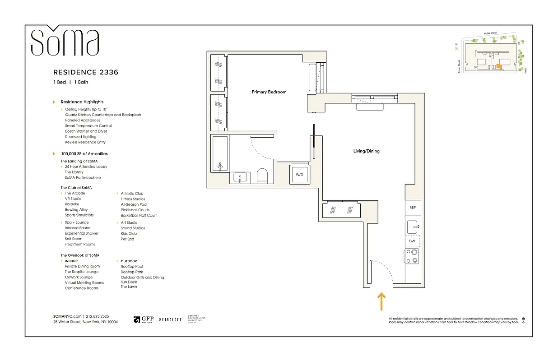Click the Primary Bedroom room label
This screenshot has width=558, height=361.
click(269, 92)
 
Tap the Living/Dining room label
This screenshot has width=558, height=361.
click(366, 151)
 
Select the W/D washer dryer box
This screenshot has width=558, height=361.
click(299, 174)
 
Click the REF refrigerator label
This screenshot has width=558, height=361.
click(412, 208)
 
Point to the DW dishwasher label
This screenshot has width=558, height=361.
click(412, 241)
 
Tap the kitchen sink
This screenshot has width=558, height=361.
click(412, 226)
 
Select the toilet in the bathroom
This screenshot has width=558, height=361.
click(262, 176)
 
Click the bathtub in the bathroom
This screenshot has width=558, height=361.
click(220, 153)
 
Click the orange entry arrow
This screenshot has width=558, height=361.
click(381, 301)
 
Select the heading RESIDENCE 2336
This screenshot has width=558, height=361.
click(86, 72)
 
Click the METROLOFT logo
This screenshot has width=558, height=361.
click(170, 319)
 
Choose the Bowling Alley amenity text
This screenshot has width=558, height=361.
click(76, 210)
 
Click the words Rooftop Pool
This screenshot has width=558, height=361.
click(132, 267)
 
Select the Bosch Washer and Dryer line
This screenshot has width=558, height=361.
click(86, 131)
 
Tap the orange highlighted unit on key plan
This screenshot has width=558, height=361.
click(499, 66)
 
